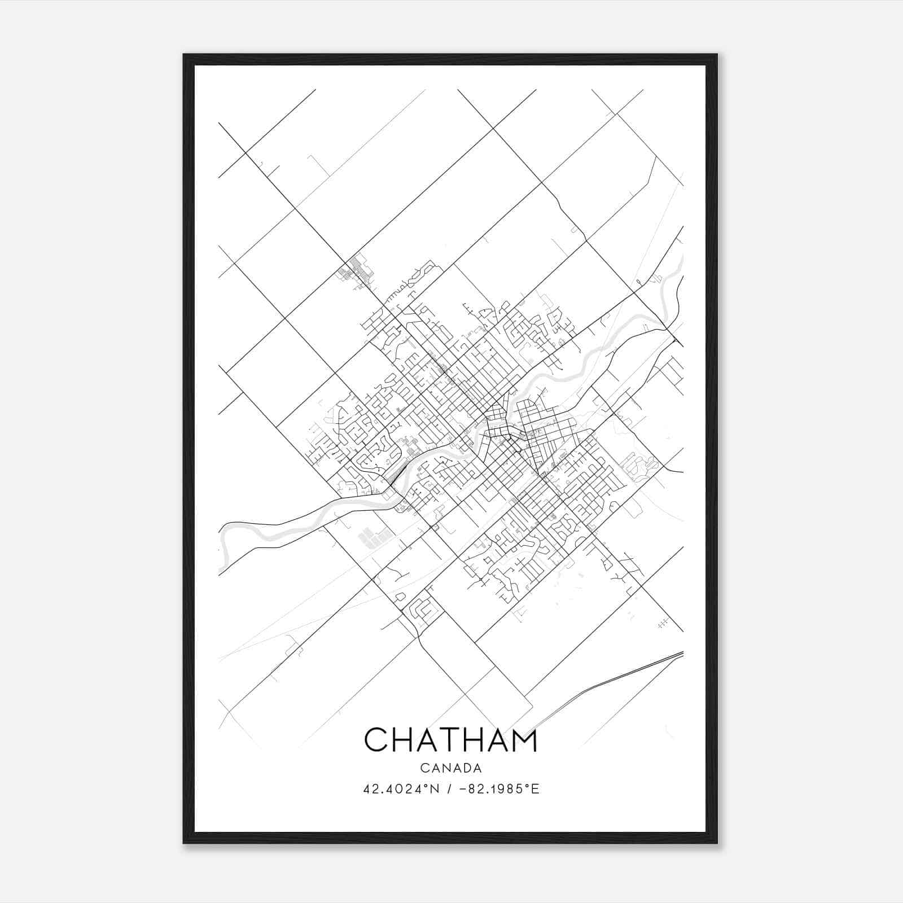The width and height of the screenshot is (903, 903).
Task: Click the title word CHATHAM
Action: (x=450, y=740)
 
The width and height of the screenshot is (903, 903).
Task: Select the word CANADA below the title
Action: (x=450, y=768)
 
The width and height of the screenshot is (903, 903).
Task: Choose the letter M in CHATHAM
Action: (x=523, y=740)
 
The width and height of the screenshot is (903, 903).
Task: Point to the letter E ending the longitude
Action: (x=536, y=789)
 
